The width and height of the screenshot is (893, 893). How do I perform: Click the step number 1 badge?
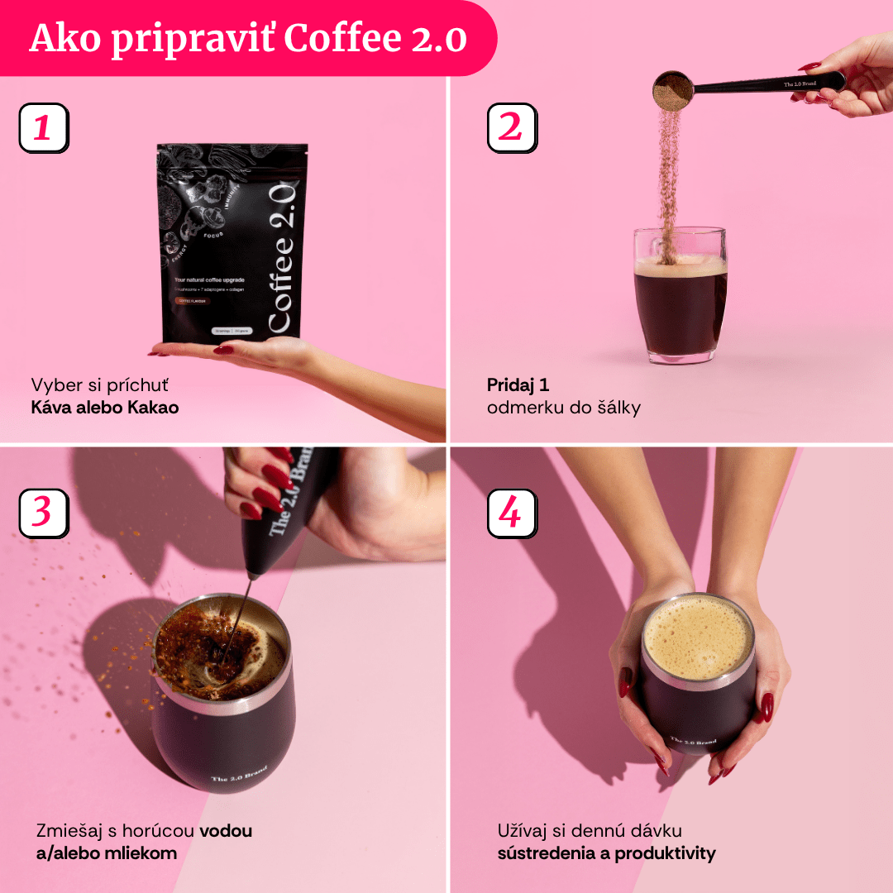[43, 128]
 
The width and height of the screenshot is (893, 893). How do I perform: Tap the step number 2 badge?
[511, 128]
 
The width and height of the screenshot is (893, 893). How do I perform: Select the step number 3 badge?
[43, 513]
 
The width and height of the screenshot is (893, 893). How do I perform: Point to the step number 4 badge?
[511, 513]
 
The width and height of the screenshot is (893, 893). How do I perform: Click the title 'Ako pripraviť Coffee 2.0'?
[248, 39]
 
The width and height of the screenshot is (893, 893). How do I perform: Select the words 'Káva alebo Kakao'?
[105, 407]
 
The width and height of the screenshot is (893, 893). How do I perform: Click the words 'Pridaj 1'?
[518, 384]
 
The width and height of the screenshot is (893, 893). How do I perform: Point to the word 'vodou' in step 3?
[226, 830]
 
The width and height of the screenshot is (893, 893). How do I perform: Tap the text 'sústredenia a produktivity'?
[606, 852]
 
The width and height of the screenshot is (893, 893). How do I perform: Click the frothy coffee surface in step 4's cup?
[698, 637]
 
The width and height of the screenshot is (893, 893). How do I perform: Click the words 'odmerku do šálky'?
[563, 407]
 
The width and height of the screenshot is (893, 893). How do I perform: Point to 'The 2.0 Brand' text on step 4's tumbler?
[693, 742]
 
